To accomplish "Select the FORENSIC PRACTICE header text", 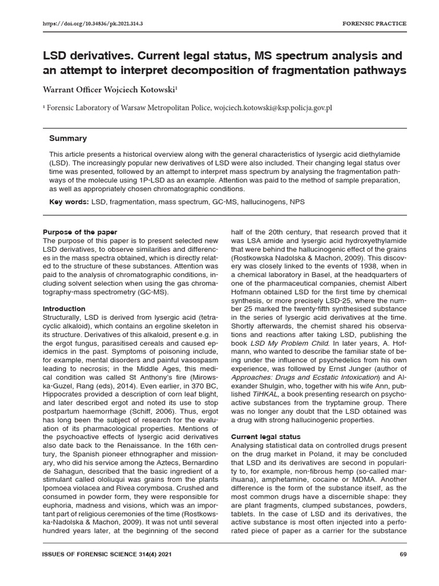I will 374,23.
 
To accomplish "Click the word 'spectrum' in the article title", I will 321,56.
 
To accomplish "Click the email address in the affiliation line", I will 273,107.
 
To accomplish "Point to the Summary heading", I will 68,138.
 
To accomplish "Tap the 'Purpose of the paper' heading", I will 80,232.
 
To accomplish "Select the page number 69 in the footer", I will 402,555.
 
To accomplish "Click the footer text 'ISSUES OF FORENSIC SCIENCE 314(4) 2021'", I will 107,555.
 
